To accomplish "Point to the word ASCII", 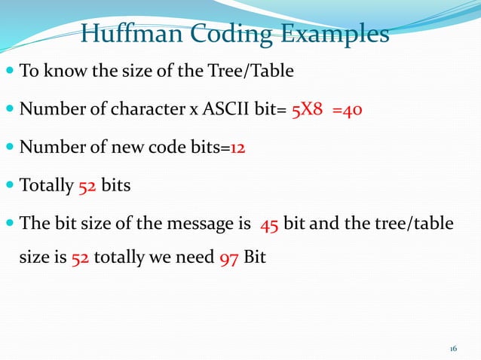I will [234, 111].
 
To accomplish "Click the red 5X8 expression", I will [308, 111].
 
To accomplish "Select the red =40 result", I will [348, 111].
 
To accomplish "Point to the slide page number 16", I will [453, 349].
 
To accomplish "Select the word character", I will [151, 111].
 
